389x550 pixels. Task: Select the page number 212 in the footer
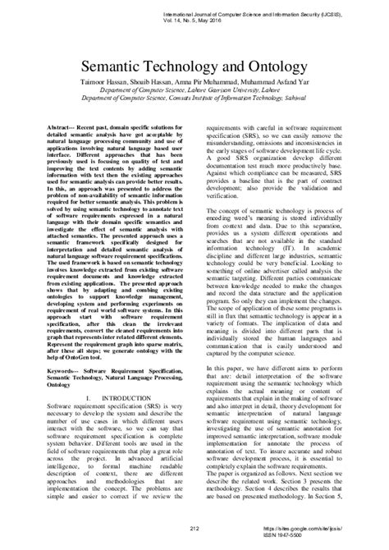[194, 527]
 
